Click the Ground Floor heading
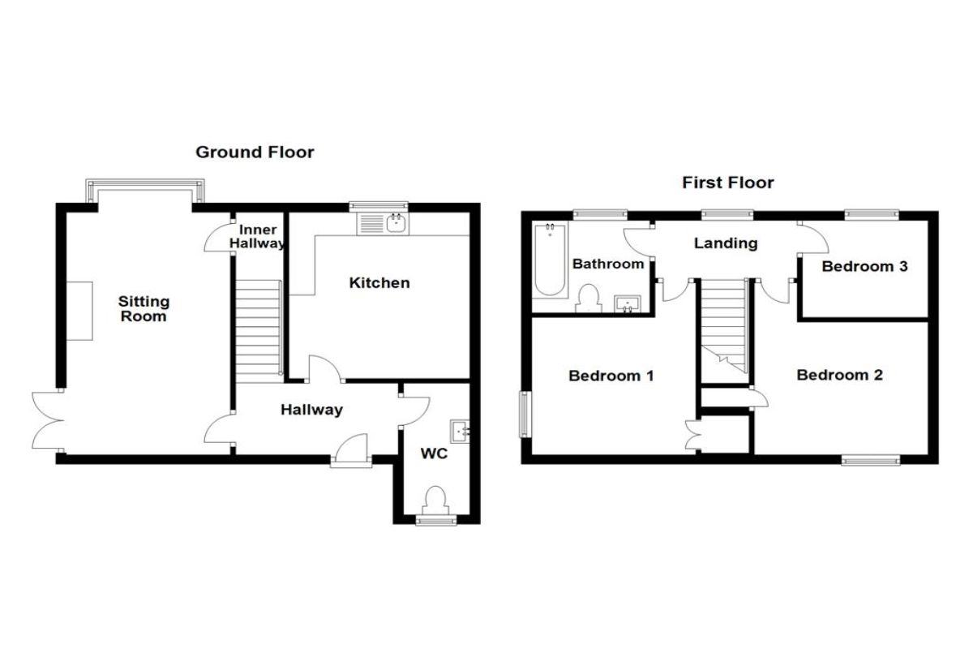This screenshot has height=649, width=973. [x=255, y=153]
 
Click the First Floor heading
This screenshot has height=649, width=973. [x=728, y=183]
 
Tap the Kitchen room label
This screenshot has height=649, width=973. [x=379, y=283]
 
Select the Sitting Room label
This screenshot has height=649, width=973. [x=144, y=308]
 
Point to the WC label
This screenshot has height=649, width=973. [x=434, y=453]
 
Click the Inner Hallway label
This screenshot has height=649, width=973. [x=257, y=236]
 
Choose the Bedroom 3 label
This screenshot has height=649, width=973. [x=864, y=266]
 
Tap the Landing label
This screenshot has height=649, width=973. [x=726, y=243]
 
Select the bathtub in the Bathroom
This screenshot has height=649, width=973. [x=550, y=261]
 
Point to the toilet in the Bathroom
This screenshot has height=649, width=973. [x=589, y=299]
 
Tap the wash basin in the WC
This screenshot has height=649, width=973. [x=460, y=432]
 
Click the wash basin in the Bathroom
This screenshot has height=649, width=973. [x=628, y=303]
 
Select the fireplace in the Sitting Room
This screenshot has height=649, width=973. [x=79, y=311]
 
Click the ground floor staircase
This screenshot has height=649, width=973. [x=259, y=331]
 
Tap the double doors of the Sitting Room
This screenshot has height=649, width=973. [x=48, y=420]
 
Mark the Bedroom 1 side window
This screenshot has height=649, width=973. [x=525, y=415]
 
